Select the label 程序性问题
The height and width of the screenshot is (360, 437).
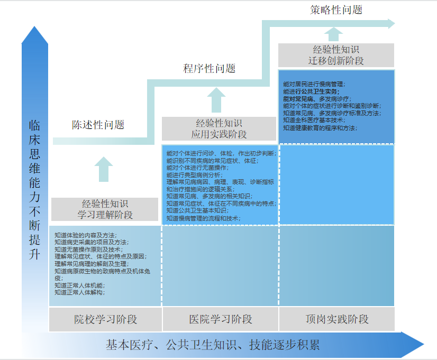point(209,68)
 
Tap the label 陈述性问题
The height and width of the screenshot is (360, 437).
point(98,125)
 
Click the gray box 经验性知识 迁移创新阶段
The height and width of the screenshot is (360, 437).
point(336,55)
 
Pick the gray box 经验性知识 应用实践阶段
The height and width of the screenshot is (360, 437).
point(219,128)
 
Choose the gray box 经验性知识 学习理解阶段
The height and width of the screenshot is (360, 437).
point(105,209)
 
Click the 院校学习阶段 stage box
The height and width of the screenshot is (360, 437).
point(105,319)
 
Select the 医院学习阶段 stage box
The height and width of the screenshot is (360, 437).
point(220,319)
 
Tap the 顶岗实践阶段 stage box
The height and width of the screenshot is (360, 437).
point(336,319)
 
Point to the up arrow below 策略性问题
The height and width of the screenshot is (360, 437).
point(333,34)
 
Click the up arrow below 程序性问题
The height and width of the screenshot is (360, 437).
point(216,99)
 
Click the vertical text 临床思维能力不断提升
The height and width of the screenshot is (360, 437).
point(34,190)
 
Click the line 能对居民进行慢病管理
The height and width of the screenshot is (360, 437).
point(314,84)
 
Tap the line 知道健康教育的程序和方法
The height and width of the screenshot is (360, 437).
point(320,127)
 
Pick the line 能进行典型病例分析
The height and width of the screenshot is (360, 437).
point(194,174)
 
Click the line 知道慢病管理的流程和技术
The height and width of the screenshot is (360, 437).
point(203,218)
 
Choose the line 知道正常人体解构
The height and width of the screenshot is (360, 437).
point(79,292)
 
